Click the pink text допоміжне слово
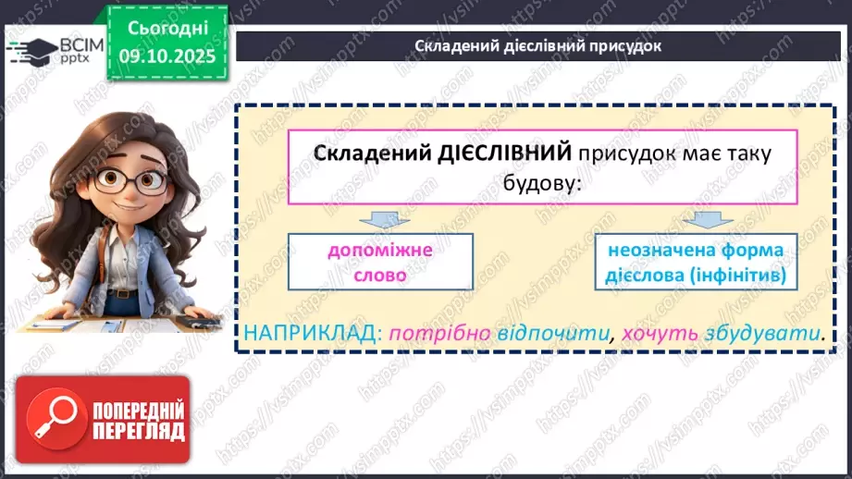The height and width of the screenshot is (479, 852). tap(380, 262)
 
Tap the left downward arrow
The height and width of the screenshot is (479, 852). tap(379, 220)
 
